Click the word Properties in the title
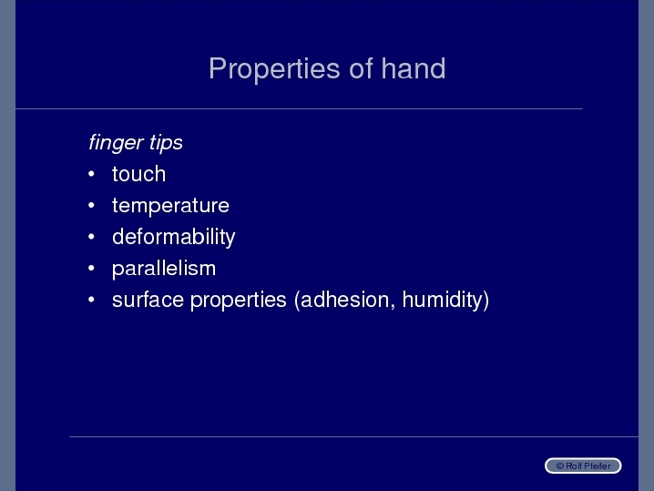pos(274,69)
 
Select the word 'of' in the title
pos(361,68)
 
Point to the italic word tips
pos(166,143)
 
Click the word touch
pos(138,174)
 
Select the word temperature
pos(170,206)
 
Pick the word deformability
pos(173,238)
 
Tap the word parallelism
pos(164,269)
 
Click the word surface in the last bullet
pos(148,300)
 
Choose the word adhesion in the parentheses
pos(344,300)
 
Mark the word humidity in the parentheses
pos(445,300)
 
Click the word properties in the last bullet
pos(239,301)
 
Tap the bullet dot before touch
pos(92,174)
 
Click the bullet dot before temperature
pos(92,205)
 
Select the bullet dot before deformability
pos(92,237)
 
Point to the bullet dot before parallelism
pos(92,268)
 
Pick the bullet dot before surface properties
pos(92,300)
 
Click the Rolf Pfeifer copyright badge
pos(583,465)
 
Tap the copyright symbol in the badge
pos(560,466)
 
